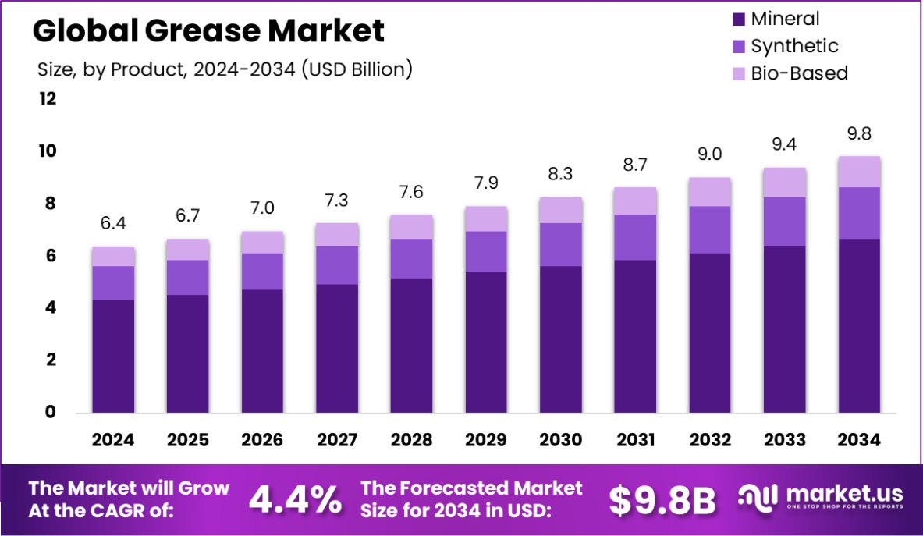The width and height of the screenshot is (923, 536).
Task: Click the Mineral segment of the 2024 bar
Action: click(113, 356)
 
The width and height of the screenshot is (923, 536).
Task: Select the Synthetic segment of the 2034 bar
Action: click(859, 213)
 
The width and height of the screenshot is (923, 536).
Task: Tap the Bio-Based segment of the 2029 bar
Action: click(486, 219)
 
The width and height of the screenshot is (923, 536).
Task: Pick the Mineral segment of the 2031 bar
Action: click(635, 336)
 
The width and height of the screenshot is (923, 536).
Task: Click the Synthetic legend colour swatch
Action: click(738, 46)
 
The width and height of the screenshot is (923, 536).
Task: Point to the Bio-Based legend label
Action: click(799, 73)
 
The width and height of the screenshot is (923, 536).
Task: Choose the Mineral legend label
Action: click(785, 19)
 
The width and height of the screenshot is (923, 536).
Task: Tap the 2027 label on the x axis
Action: click(337, 440)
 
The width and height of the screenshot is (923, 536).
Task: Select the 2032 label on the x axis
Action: click(710, 440)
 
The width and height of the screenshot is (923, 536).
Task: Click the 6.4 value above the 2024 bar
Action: click(113, 224)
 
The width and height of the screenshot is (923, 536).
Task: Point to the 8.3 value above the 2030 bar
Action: click(561, 175)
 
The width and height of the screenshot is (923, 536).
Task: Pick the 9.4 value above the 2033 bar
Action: click(785, 144)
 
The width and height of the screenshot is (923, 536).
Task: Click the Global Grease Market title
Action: click(208, 30)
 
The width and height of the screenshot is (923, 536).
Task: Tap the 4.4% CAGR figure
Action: click(295, 499)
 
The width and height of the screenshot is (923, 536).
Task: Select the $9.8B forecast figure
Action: click(662, 501)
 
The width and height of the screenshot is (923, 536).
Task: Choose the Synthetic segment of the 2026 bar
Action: click(262, 272)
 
